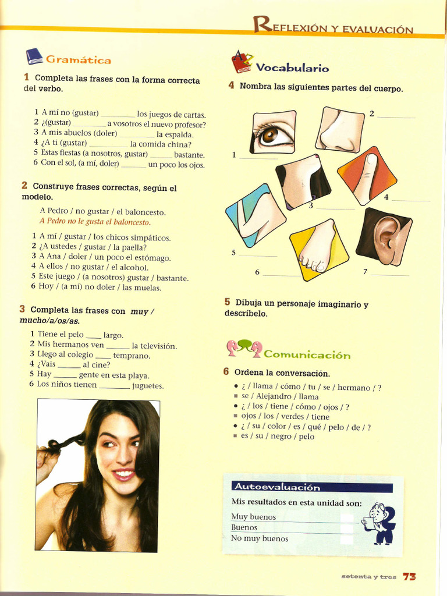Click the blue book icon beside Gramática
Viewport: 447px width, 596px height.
[34, 56]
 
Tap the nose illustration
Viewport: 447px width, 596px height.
[340, 130]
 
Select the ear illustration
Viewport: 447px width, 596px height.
[385, 237]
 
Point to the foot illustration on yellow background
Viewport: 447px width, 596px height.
[318, 249]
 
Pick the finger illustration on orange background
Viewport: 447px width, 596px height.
[367, 176]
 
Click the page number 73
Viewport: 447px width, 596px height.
[409, 576]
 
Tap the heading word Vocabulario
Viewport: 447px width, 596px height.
[292, 68]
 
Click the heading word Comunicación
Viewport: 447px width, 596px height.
[307, 354]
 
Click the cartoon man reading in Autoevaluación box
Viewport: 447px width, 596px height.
[380, 523]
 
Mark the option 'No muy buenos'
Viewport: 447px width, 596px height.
[260, 538]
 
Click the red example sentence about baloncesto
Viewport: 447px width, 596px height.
[95, 222]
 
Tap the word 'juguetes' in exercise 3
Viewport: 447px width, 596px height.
[148, 385]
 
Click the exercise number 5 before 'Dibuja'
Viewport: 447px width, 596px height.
[227, 302]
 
